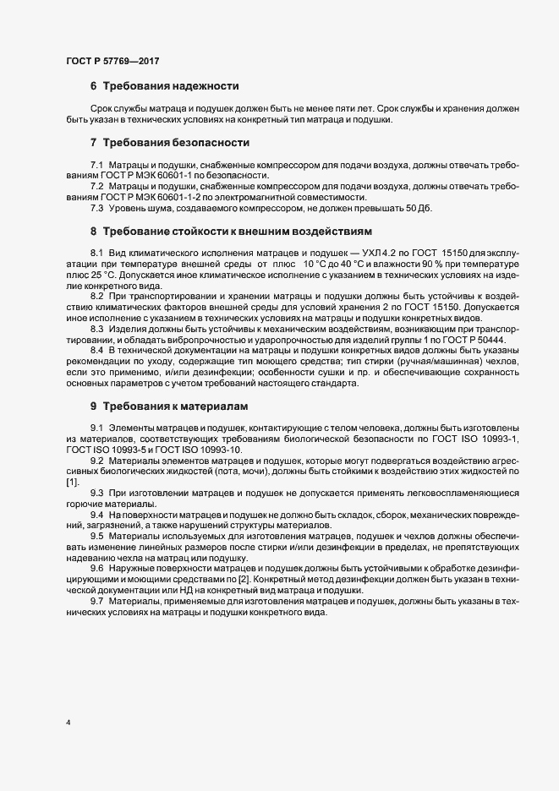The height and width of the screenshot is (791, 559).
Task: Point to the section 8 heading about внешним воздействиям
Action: [235, 231]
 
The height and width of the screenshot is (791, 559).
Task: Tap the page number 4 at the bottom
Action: [68, 723]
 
